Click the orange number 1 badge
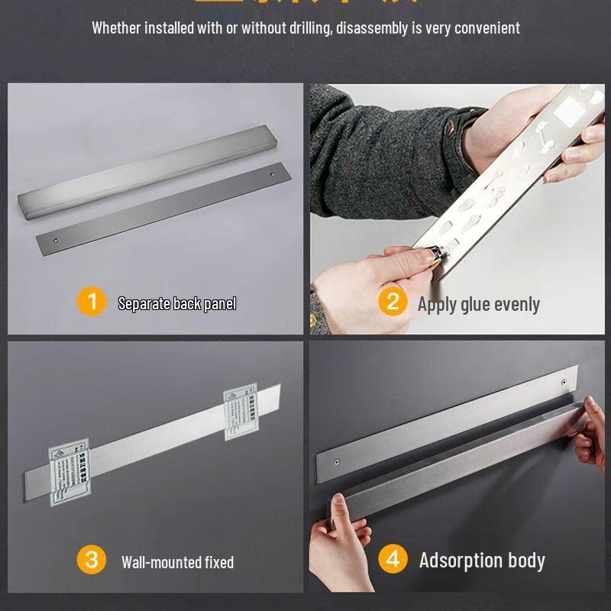pyautogui.click(x=92, y=302)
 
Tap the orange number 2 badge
pyautogui.click(x=393, y=302)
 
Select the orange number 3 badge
pyautogui.click(x=92, y=560)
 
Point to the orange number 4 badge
pyautogui.click(x=393, y=559)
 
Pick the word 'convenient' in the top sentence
pyautogui.click(x=487, y=28)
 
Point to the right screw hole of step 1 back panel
pyautogui.click(x=273, y=176)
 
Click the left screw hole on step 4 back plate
pyautogui.click(x=337, y=461)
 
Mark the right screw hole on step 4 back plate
pyautogui.click(x=564, y=381)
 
